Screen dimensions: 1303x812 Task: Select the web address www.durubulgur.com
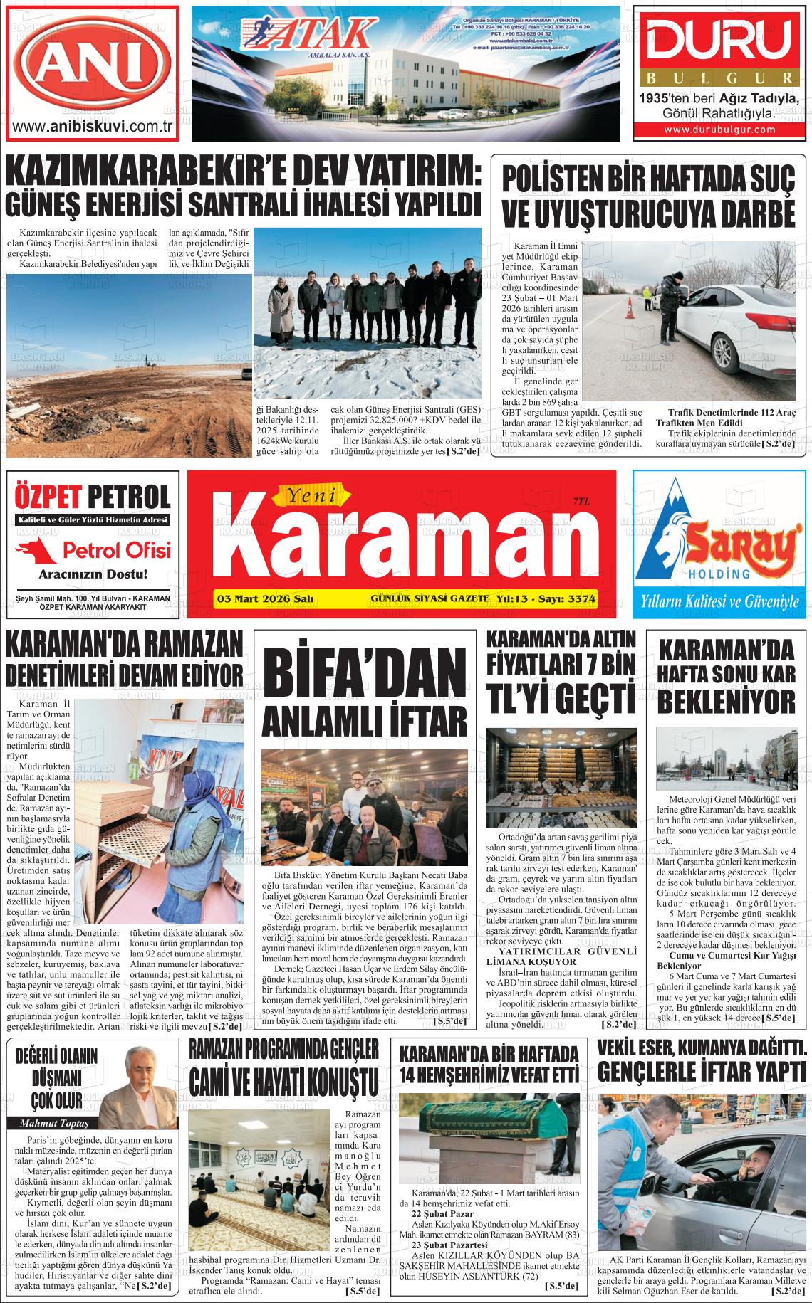tap(719, 130)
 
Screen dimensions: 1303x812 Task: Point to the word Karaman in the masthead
tap(400, 547)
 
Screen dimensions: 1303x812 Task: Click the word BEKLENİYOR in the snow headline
tap(726, 700)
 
